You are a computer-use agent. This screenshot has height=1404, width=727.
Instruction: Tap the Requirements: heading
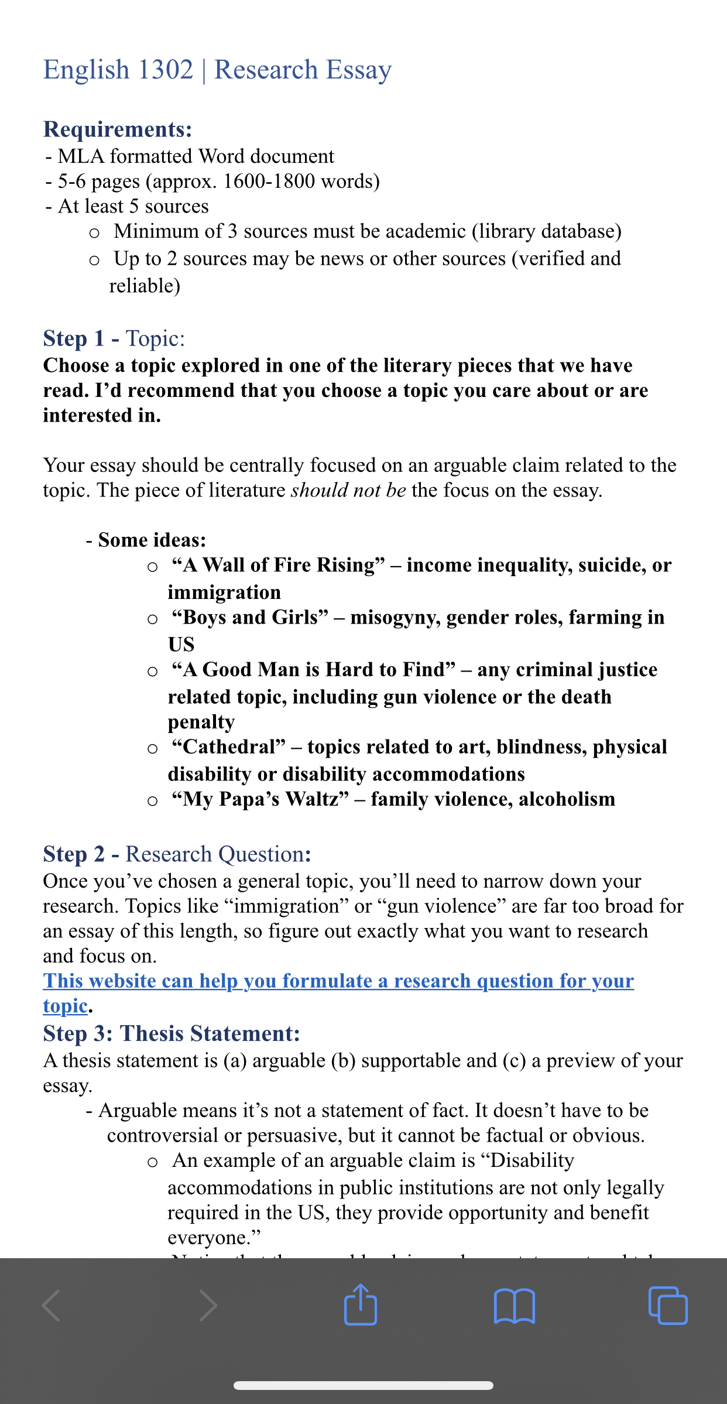[x=118, y=129]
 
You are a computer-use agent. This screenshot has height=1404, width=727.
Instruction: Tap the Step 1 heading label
[x=74, y=338]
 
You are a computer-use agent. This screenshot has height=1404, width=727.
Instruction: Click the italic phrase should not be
[x=348, y=490]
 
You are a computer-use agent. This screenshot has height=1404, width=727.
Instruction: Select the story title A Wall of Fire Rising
[x=279, y=565]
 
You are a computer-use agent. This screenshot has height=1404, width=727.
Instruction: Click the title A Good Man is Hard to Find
[x=313, y=670]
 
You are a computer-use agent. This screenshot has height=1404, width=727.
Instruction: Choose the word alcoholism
[x=567, y=799]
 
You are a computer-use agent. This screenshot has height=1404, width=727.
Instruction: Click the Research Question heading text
[x=215, y=854]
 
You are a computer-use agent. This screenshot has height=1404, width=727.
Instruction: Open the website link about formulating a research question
[x=338, y=981]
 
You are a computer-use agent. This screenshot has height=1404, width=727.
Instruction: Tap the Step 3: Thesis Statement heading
[x=172, y=1033]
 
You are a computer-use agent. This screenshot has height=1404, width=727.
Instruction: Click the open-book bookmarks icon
[x=515, y=1306]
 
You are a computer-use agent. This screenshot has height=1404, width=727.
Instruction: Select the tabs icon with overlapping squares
[x=668, y=1306]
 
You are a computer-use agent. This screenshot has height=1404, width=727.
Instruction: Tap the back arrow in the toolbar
[x=52, y=1306]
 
